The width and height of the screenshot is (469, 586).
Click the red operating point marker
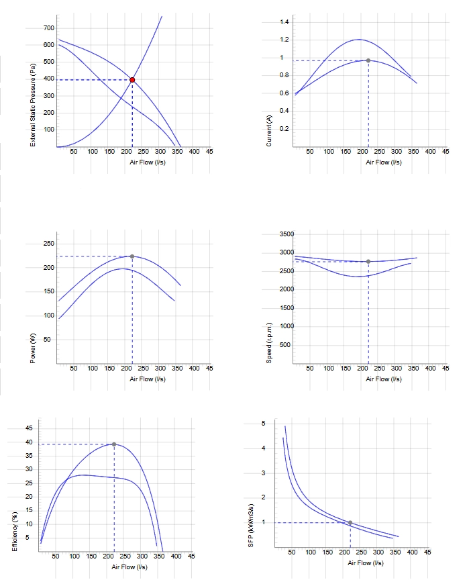pos(132,80)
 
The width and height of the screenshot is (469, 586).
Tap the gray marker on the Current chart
pos(368,60)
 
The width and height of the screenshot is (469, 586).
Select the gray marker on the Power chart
pos(132,256)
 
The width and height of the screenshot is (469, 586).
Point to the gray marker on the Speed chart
pos(368,262)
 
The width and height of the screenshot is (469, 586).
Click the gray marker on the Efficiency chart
pos(114,444)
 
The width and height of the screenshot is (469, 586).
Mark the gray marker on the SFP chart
pos(350,523)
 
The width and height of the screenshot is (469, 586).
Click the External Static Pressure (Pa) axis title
pos(33,105)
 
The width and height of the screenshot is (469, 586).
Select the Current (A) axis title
pos(269,131)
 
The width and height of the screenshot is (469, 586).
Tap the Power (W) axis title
pos(33,348)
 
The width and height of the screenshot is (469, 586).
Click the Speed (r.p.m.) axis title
pos(269,343)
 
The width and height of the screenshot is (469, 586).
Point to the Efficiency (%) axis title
pos(15,532)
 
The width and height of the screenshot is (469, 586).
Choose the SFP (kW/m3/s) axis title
pos(251,526)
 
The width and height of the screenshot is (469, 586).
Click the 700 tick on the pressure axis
pos(49,28)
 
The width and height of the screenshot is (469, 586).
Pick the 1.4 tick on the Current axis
pos(284,22)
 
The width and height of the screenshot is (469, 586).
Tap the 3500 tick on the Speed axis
pos(287,234)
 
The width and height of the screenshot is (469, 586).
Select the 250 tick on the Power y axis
pos(49,244)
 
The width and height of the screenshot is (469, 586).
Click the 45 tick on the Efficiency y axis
pos(29,428)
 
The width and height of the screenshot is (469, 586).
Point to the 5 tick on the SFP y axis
pos(264,424)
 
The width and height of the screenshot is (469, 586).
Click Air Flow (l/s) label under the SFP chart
pos(366,563)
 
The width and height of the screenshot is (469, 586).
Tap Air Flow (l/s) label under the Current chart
pos(384,162)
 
